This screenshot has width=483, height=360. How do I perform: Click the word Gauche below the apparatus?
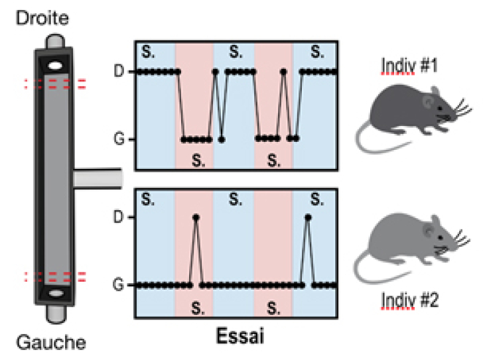(x=50, y=343)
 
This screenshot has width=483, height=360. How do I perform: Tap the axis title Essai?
(x=238, y=335)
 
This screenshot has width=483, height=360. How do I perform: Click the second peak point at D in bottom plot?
(x=307, y=217)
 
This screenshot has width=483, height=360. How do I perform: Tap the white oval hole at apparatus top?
(x=57, y=66)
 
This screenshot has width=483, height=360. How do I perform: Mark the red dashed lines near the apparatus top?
(x=56, y=84)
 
